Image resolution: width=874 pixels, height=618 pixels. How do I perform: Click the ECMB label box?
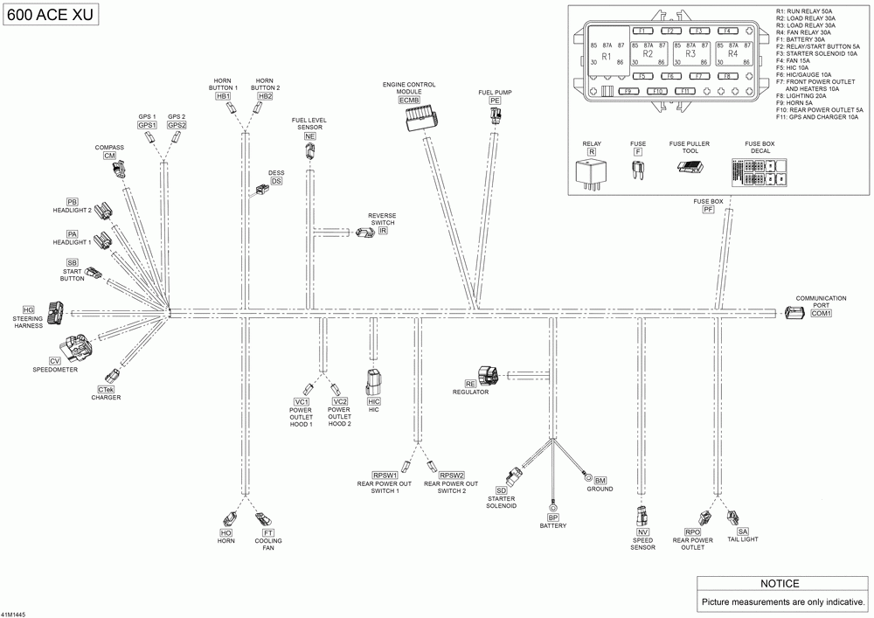[x=409, y=101]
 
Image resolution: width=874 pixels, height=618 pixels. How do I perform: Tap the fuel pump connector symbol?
[x=496, y=116]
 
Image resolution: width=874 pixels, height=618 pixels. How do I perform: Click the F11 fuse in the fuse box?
[x=685, y=91]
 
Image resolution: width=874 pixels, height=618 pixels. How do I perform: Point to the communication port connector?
[x=795, y=313]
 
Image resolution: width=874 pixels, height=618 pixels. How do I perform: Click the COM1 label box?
[x=822, y=313]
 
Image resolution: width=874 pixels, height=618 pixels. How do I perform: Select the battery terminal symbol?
[x=552, y=506]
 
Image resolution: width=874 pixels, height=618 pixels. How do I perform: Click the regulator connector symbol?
[x=488, y=375]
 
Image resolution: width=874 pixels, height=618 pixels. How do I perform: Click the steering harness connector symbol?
[x=56, y=309]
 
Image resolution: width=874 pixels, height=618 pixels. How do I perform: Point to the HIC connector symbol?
[x=374, y=383]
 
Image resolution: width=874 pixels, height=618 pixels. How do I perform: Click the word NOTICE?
[x=780, y=584]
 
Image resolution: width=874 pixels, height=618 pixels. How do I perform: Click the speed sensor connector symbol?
[x=643, y=516]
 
